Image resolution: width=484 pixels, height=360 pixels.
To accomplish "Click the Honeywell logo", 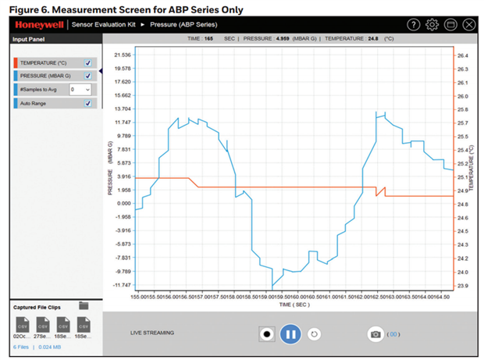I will click(38, 24).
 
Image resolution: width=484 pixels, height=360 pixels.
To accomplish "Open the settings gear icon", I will click(432, 24).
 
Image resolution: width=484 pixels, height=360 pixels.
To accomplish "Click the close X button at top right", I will click(468, 24).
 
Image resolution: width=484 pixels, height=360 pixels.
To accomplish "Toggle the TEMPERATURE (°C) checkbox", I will click(87, 62).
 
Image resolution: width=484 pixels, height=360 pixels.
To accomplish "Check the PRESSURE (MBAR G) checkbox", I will click(87, 76).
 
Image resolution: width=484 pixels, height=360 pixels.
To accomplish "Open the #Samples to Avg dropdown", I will click(80, 90).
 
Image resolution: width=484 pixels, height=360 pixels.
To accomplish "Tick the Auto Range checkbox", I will click(87, 103).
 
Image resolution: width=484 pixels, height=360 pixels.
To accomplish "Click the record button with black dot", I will click(266, 333).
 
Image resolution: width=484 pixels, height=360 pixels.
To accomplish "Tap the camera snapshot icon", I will click(375, 333).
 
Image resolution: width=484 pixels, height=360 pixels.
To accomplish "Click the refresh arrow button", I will click(315, 333).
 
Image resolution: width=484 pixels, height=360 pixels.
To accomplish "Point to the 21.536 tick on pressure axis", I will click(122, 55).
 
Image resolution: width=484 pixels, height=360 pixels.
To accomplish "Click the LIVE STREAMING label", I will click(152, 333).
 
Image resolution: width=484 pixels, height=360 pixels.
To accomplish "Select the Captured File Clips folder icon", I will click(84, 305).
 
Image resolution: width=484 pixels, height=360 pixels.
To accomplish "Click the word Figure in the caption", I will click(24, 9).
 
